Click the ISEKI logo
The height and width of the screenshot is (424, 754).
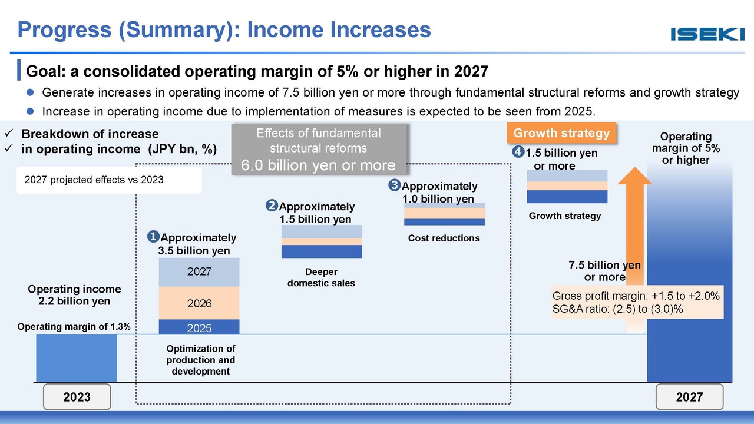pyautogui.click(x=707, y=34)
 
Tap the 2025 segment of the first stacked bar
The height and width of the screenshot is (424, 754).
pyautogui.click(x=199, y=327)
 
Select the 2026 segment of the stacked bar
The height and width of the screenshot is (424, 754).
pyautogui.click(x=199, y=303)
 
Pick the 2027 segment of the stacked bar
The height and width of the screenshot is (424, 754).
pyautogui.click(x=199, y=272)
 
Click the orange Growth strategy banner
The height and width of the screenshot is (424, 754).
pyautogui.click(x=561, y=133)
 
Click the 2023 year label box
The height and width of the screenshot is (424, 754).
pyautogui.click(x=77, y=397)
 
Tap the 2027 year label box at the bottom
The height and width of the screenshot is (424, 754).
pyautogui.click(x=689, y=397)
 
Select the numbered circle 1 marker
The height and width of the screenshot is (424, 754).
pyautogui.click(x=153, y=237)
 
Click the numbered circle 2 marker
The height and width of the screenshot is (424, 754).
pyautogui.click(x=272, y=206)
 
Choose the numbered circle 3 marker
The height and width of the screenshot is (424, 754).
pyautogui.click(x=394, y=185)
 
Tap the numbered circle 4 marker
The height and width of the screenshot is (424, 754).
pyautogui.click(x=518, y=152)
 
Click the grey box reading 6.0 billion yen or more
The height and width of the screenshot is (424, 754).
pyautogui.click(x=319, y=149)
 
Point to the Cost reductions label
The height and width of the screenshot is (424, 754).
pyautogui.click(x=444, y=238)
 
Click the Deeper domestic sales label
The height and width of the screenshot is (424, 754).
pyautogui.click(x=321, y=277)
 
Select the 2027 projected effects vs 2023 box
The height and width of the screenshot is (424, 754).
pyautogui.click(x=109, y=180)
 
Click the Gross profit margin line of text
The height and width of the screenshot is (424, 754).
pyautogui.click(x=636, y=296)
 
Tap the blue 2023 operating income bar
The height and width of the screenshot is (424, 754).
pyautogui.click(x=77, y=358)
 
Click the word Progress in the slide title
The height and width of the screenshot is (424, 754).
pyautogui.click(x=64, y=30)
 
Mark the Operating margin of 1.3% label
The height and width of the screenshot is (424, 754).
pyautogui.click(x=74, y=327)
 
